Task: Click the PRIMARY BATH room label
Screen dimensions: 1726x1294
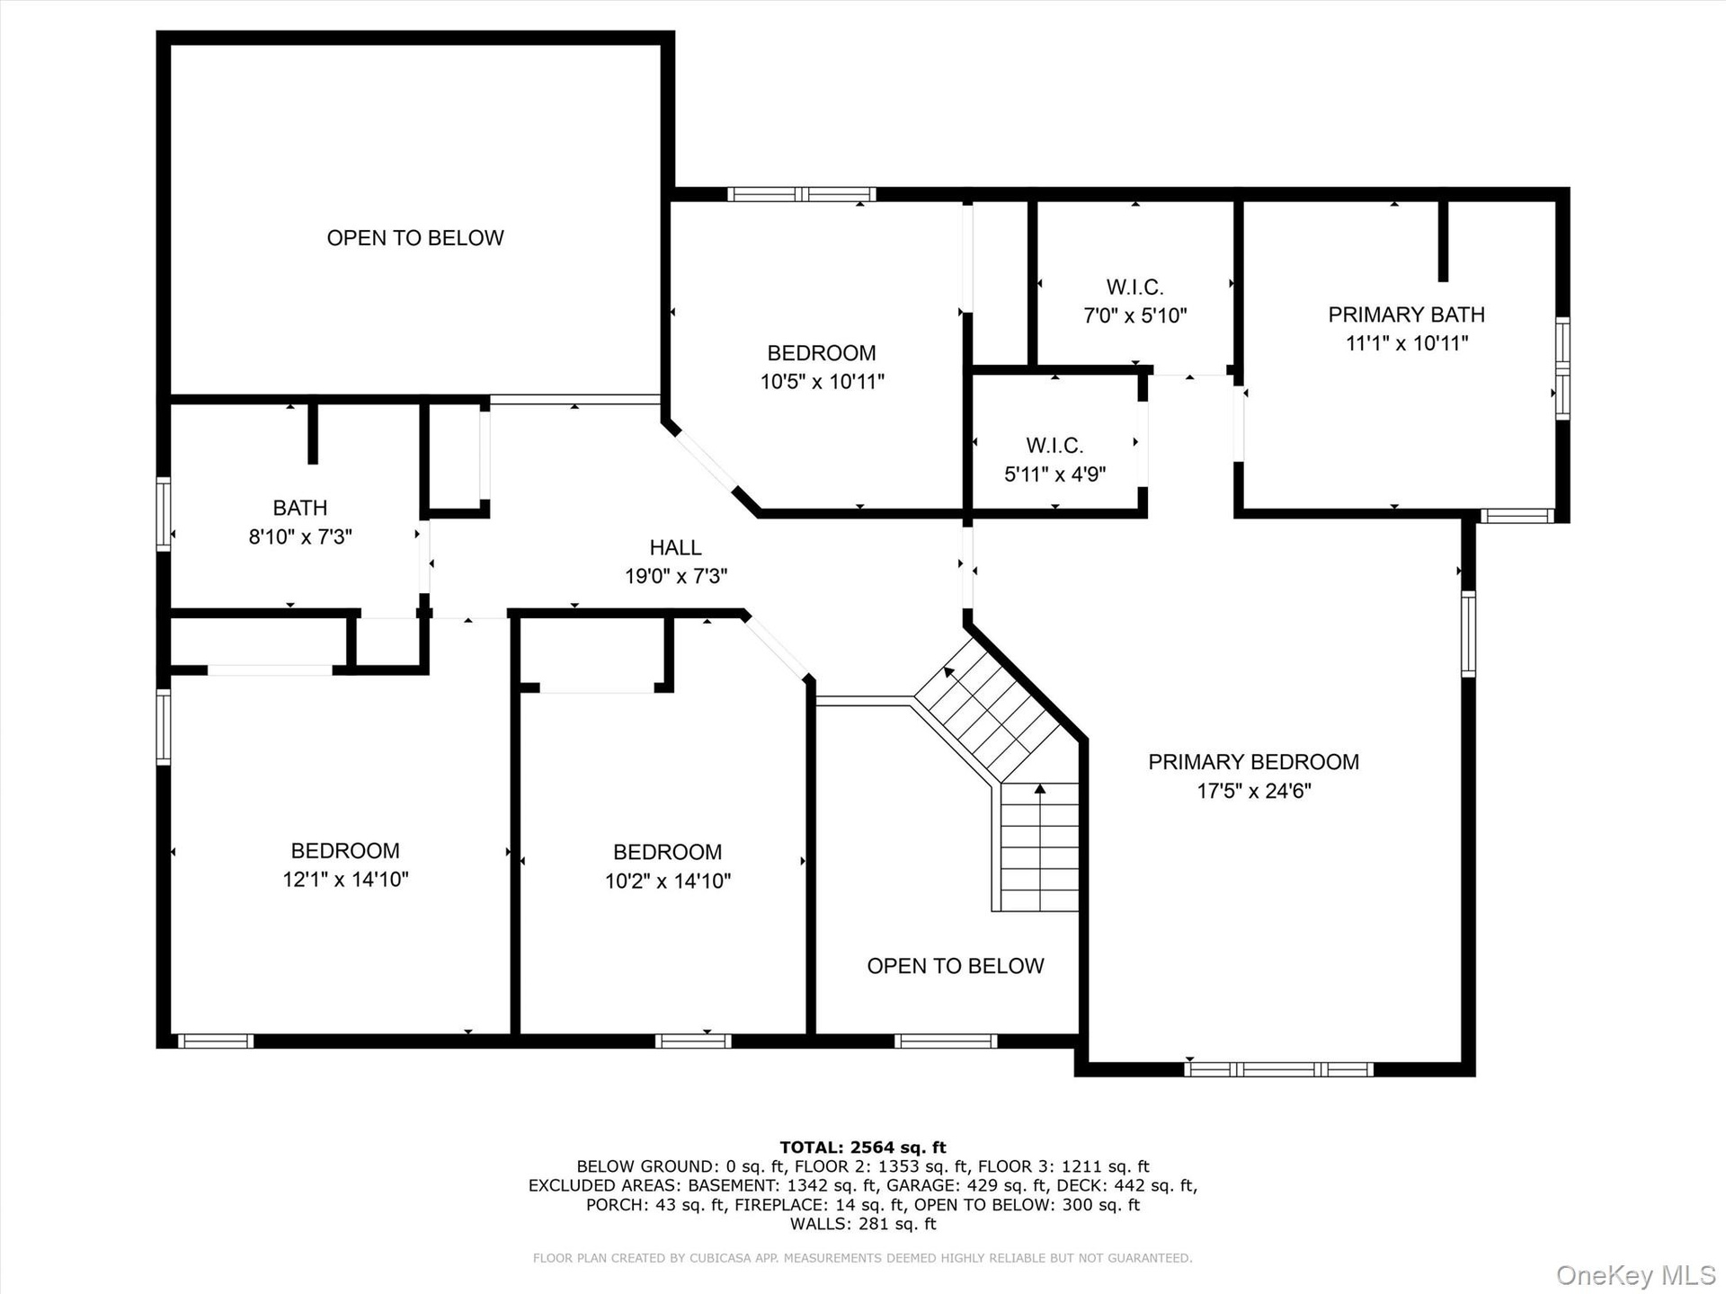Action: pyautogui.click(x=1406, y=315)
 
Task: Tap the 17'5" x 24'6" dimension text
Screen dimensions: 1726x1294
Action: pyautogui.click(x=1254, y=791)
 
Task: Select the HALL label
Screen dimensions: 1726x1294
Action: pyautogui.click(x=675, y=547)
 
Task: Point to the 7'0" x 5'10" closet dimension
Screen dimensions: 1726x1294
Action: pyautogui.click(x=1135, y=315)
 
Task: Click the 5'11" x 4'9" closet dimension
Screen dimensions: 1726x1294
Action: pyautogui.click(x=1054, y=474)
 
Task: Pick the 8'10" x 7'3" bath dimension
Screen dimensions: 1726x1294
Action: pyautogui.click(x=300, y=536)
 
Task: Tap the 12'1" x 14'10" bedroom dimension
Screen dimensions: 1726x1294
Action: pyautogui.click(x=345, y=879)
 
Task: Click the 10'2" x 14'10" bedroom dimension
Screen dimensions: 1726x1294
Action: pyautogui.click(x=668, y=881)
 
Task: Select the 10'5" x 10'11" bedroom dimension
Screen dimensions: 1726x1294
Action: pyautogui.click(x=823, y=382)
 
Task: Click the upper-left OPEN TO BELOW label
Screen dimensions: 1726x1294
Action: pyautogui.click(x=415, y=238)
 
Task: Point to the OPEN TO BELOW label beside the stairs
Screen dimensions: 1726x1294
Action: pyautogui.click(x=956, y=966)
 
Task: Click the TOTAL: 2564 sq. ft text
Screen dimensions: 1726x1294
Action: pyautogui.click(x=863, y=1147)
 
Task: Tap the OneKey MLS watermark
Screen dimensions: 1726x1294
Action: pyautogui.click(x=1636, y=1274)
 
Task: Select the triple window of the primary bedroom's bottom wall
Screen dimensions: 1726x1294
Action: pyautogui.click(x=1278, y=1069)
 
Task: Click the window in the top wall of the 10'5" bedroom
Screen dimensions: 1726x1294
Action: pyautogui.click(x=801, y=194)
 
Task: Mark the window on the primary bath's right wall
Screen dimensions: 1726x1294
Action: pyautogui.click(x=1563, y=368)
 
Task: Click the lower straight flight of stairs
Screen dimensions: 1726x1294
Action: pyautogui.click(x=1040, y=846)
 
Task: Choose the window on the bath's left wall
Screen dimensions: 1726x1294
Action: pyautogui.click(x=164, y=514)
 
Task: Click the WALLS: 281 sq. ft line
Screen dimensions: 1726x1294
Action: pyautogui.click(x=863, y=1224)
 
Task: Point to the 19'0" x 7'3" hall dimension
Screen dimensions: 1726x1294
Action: pyautogui.click(x=676, y=576)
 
